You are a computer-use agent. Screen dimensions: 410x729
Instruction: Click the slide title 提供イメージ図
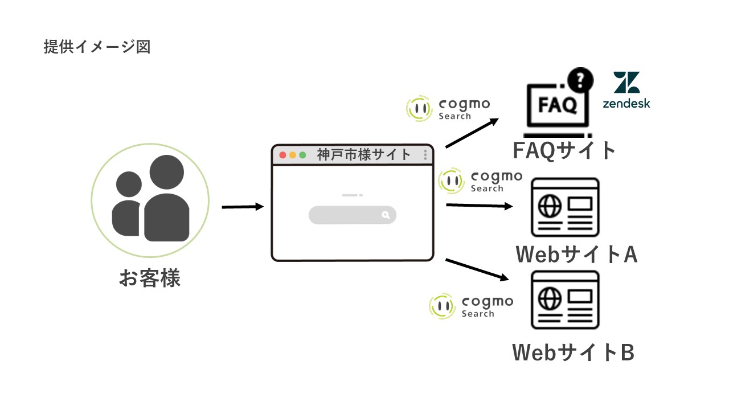point(97,47)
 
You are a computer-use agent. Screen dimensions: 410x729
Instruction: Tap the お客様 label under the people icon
point(150,278)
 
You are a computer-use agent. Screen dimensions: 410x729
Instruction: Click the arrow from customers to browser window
point(243,207)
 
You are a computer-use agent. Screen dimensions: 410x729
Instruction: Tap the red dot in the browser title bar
point(282,155)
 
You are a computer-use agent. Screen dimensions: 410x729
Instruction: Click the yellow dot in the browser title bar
point(293,155)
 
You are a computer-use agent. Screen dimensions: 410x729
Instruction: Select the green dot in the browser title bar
point(303,155)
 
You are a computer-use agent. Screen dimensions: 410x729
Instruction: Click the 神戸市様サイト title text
point(364,154)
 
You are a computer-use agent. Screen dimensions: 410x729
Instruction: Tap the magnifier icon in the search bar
point(386,215)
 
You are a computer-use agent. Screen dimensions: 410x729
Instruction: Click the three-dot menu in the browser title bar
point(425,155)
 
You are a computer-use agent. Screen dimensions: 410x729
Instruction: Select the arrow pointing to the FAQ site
point(472,133)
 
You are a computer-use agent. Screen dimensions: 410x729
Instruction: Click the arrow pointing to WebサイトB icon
point(477,269)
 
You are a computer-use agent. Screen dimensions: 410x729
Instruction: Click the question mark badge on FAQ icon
point(580,79)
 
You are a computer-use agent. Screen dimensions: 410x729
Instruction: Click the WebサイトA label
point(576,254)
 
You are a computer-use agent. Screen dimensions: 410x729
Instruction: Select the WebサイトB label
point(574,352)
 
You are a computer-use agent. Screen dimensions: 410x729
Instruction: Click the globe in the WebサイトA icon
point(549,207)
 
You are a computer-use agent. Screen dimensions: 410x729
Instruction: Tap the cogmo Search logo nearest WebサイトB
point(471,306)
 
